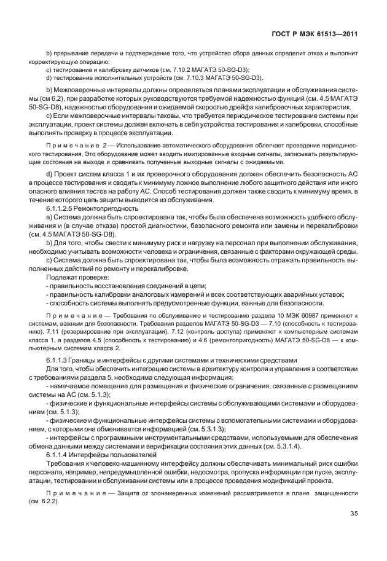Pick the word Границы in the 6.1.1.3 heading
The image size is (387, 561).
click(x=85, y=359)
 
